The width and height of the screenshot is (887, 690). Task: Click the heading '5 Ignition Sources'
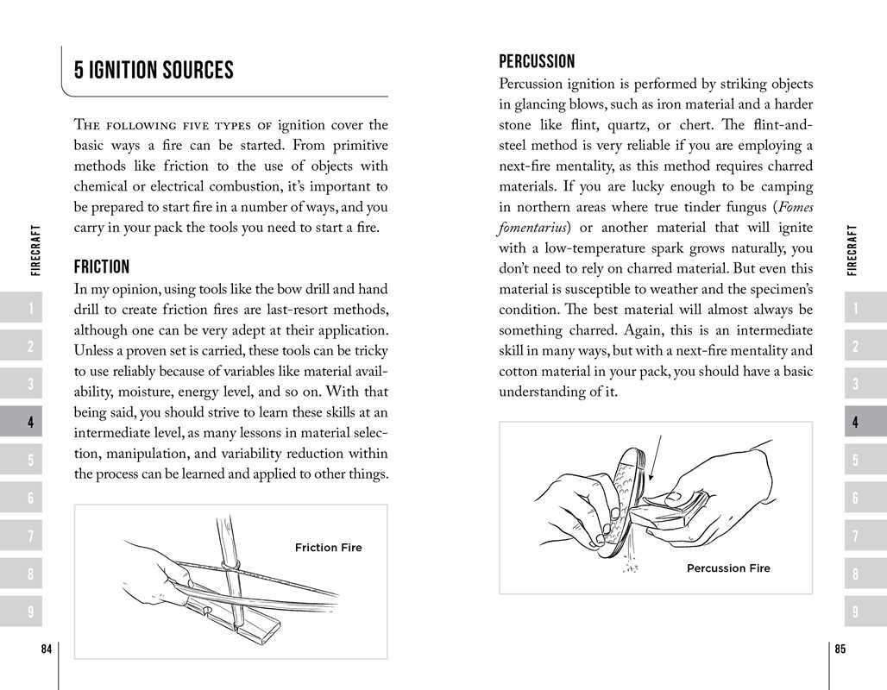(154, 71)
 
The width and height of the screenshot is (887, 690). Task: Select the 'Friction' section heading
(102, 267)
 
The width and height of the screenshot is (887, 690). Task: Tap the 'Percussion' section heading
(537, 61)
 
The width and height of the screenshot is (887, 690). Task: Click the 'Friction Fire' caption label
(328, 548)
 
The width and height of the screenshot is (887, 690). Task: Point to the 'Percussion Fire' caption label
(728, 568)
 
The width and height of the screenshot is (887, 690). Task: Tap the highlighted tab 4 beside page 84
(30, 423)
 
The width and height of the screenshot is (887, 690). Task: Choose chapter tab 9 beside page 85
(854, 612)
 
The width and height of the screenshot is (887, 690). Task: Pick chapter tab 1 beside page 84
(30, 309)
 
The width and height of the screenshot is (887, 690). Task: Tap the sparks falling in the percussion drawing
(631, 561)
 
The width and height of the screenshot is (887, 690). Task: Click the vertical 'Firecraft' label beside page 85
(853, 250)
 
